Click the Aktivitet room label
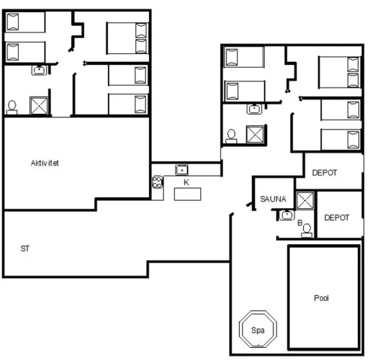[x=45, y=163]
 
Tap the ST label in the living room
[x=25, y=248]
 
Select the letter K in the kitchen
[x=186, y=182]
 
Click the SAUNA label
[x=273, y=199]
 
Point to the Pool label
[x=321, y=298]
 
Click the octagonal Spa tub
[x=258, y=329]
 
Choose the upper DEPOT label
[x=325, y=173]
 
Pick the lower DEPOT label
[x=337, y=217]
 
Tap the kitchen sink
[x=181, y=170]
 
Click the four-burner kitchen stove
[x=158, y=182]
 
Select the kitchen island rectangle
[x=187, y=194]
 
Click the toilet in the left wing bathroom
[x=12, y=107]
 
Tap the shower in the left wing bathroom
[x=39, y=106]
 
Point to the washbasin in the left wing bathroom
[x=39, y=70]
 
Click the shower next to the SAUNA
[x=305, y=201]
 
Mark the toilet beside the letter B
[x=307, y=230]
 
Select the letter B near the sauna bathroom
[x=300, y=222]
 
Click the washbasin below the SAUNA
[x=286, y=215]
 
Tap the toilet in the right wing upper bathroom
[x=231, y=136]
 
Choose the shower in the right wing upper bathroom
[x=256, y=135]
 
